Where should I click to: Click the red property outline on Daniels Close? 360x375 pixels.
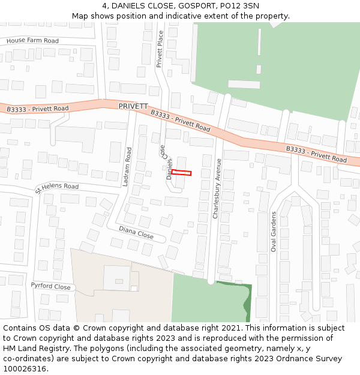coord(181,173)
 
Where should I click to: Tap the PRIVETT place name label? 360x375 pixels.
coord(133,106)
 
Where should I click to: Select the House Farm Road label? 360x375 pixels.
coord(32,41)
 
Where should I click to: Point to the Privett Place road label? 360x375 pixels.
coord(160,49)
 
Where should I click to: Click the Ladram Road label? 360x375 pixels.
coord(127,167)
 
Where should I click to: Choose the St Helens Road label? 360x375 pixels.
coord(57,187)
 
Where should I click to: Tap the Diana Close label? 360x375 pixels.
coord(136,232)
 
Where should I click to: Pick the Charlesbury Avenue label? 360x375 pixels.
coord(218,188)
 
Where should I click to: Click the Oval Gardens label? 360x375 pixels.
coord(273,232)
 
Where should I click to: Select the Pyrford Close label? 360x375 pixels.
coord(51,286)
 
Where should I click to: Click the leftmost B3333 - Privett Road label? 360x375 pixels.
coord(38,109)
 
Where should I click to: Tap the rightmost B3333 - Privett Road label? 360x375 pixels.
coord(316,154)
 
